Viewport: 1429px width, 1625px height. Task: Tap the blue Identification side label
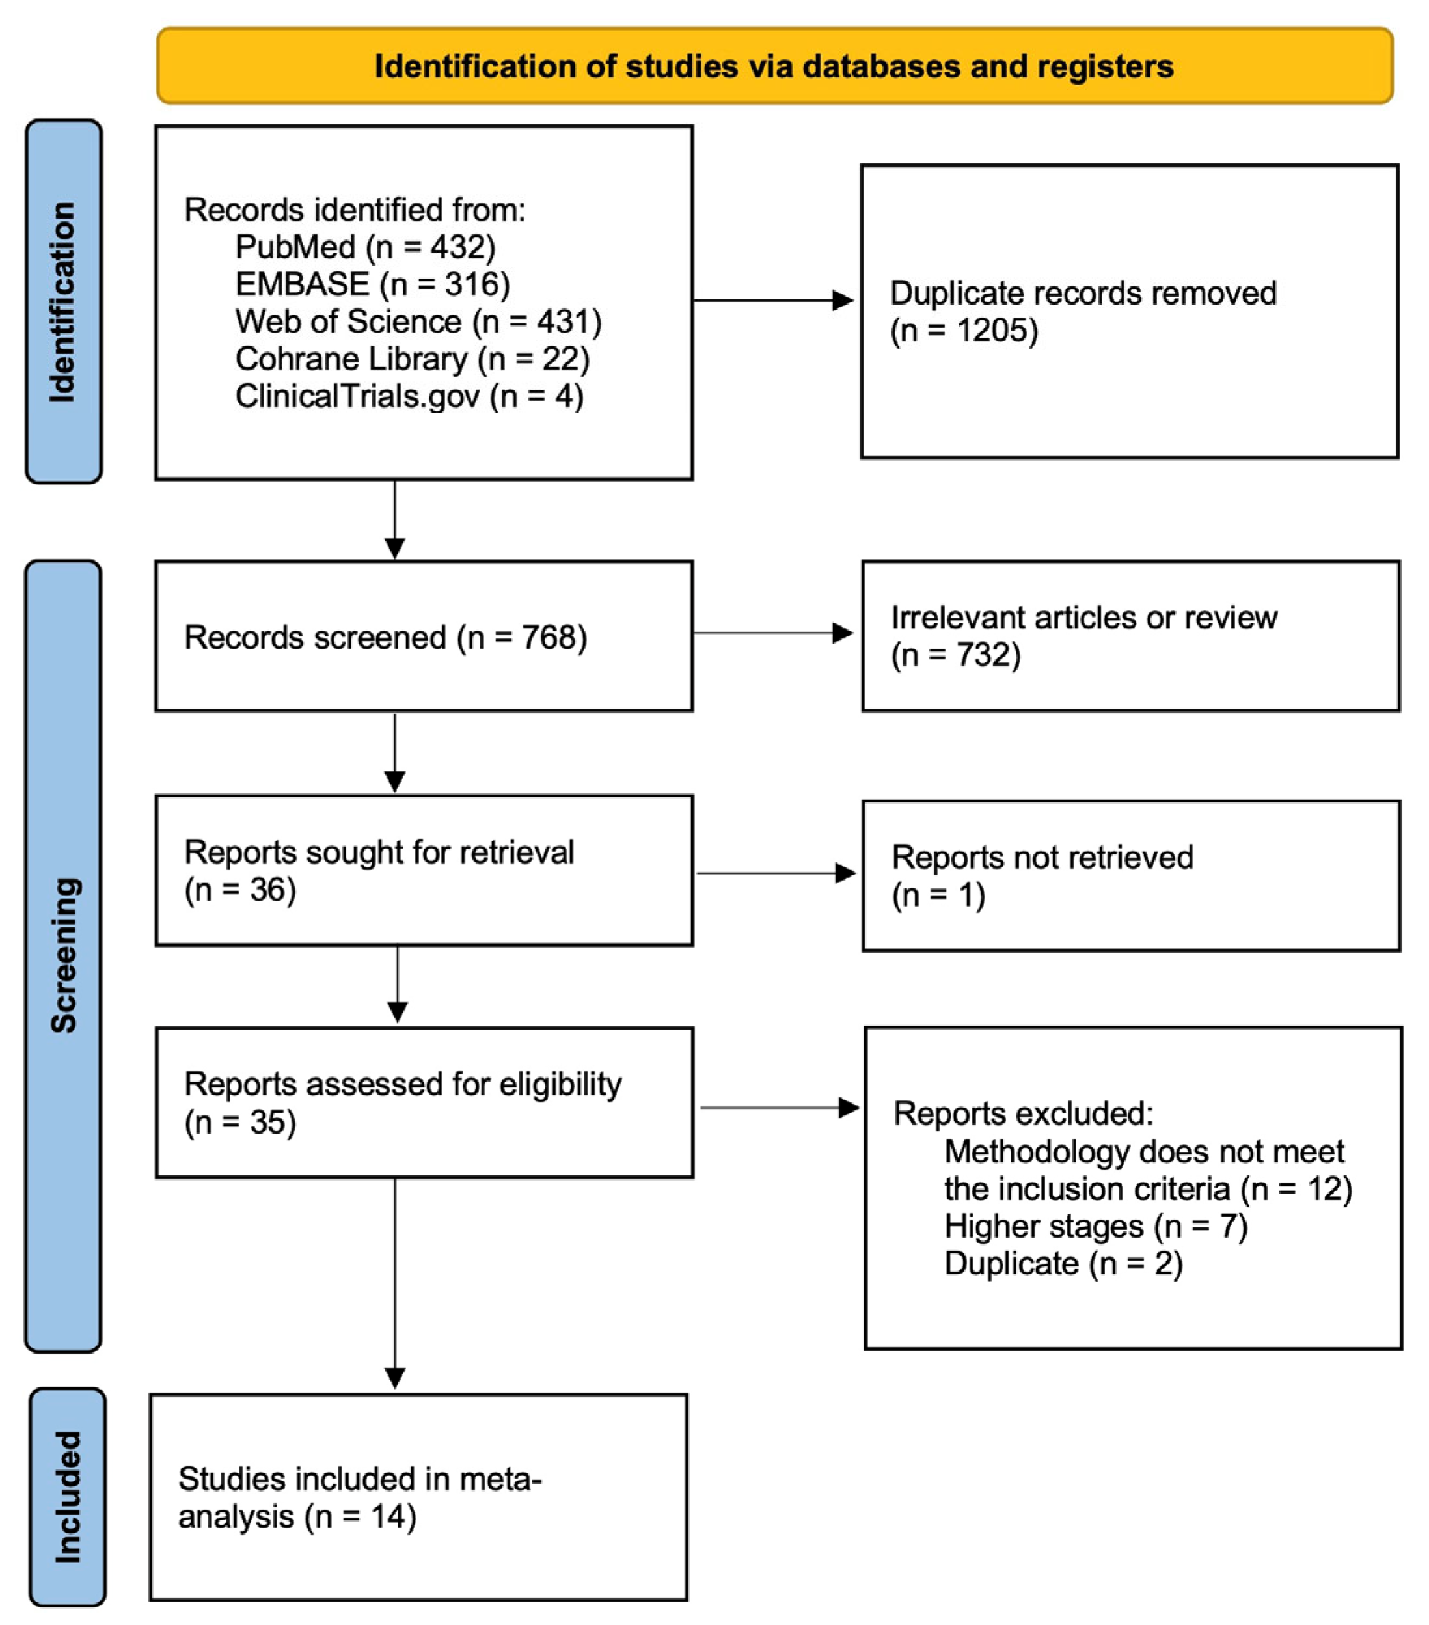click(x=62, y=301)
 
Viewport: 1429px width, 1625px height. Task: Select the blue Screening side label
click(x=62, y=955)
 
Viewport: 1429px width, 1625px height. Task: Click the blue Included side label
click(x=68, y=1496)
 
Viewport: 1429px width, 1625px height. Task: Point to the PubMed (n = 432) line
click(x=365, y=247)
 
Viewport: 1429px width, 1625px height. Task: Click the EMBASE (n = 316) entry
click(x=372, y=284)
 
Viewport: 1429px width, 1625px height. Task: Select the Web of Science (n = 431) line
click(x=418, y=322)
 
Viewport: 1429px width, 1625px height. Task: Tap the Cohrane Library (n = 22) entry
click(x=412, y=359)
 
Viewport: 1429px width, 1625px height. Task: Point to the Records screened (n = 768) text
click(x=385, y=638)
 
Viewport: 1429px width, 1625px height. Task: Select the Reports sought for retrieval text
click(x=378, y=853)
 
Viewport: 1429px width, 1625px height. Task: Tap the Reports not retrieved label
click(x=1042, y=858)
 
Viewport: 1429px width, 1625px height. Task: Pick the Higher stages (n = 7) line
click(x=1095, y=1227)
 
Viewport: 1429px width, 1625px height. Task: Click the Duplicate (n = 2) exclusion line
click(x=1063, y=1264)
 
